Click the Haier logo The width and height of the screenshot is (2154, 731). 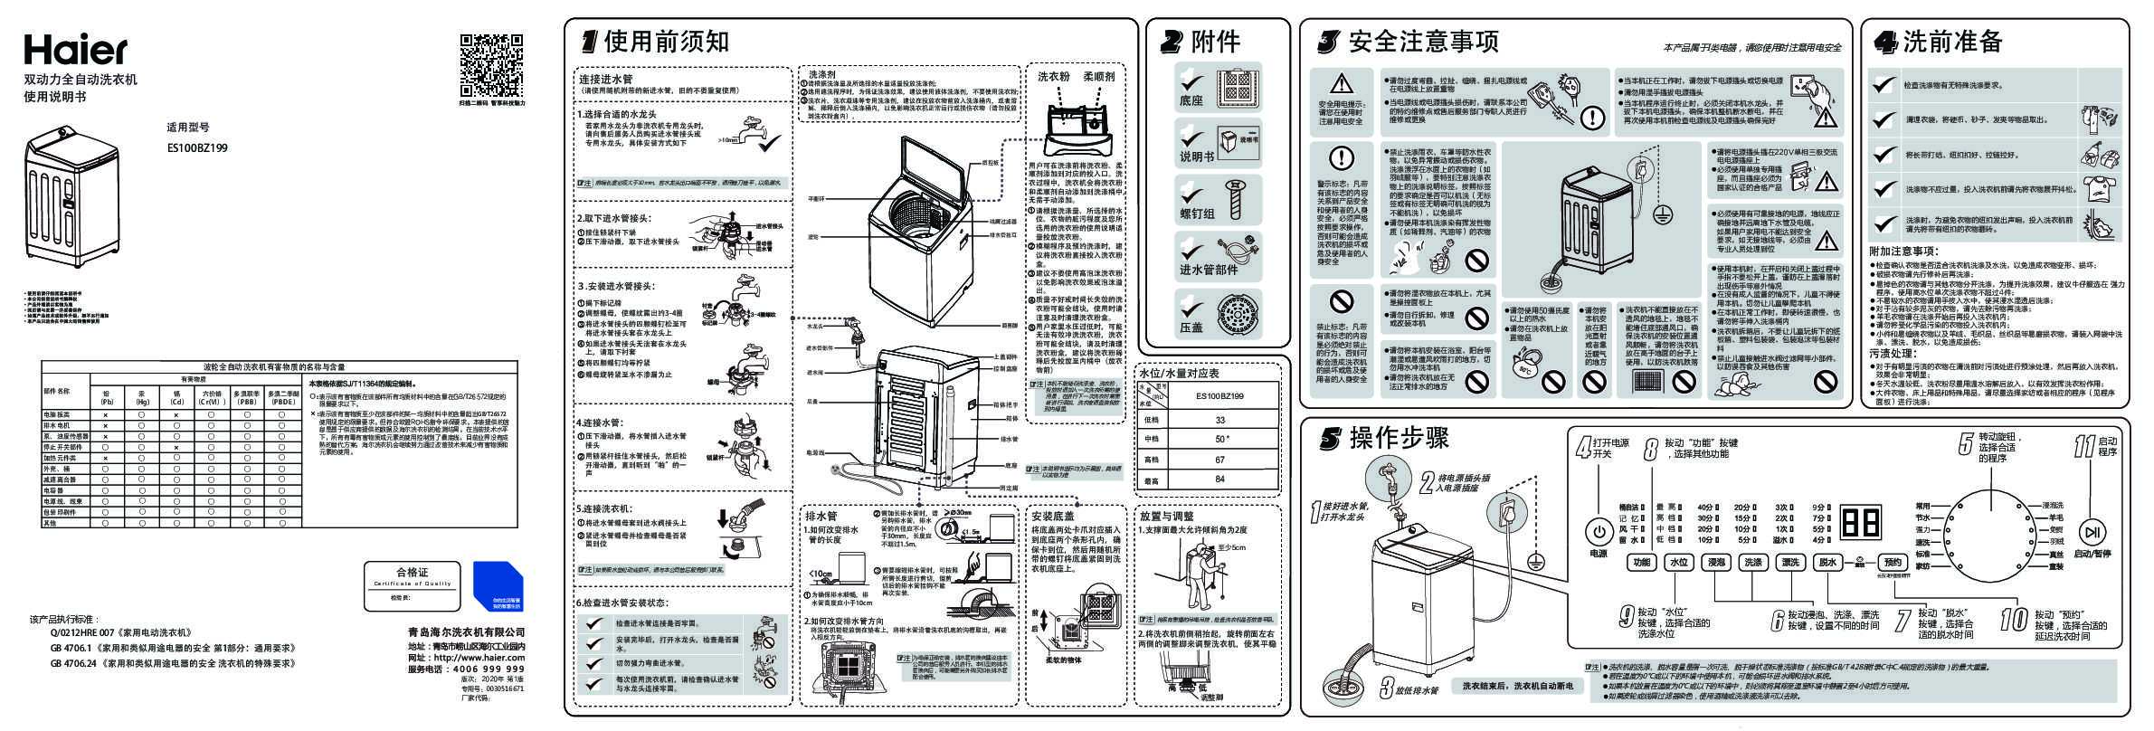(75, 50)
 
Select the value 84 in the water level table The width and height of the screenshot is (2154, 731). (1220, 479)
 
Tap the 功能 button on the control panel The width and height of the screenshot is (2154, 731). (1642, 563)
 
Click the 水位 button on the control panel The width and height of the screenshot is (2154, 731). (1679, 563)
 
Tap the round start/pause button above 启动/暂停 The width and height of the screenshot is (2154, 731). (2092, 531)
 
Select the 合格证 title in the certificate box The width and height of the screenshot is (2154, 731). (413, 573)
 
